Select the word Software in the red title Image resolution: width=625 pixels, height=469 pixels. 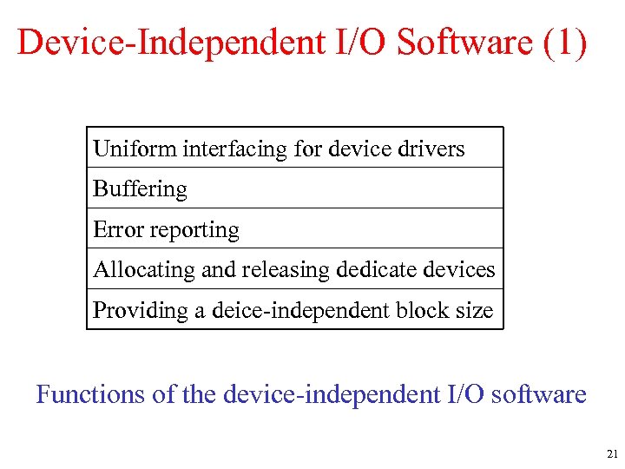464,42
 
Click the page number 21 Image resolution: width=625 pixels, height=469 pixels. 612,453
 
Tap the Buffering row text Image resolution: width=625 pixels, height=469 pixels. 140,189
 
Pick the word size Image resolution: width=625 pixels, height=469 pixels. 476,310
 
